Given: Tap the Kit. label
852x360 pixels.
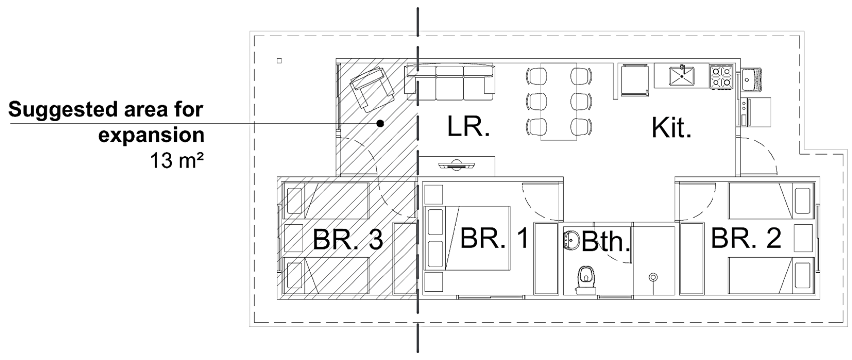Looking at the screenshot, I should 671,128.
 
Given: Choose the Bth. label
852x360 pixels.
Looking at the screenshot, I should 606,242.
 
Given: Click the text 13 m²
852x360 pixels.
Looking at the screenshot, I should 177,160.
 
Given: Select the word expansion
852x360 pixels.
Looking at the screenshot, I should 151,135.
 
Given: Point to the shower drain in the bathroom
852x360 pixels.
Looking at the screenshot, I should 653,277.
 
